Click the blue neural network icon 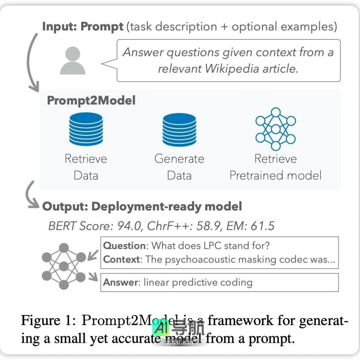click(275, 129)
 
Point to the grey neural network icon click(64, 266)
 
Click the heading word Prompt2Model click(91, 101)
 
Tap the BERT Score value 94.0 click(129, 227)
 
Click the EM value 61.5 click(262, 227)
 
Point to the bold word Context click(121, 259)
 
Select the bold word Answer click(120, 282)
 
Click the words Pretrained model click(275, 176)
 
